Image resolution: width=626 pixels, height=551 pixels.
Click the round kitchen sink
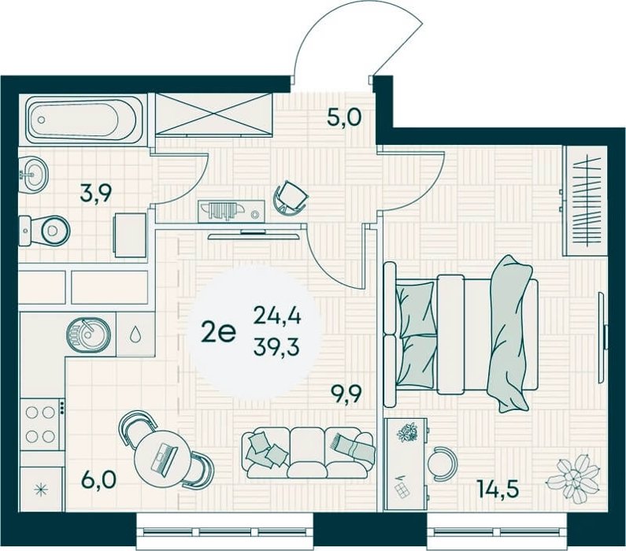88,335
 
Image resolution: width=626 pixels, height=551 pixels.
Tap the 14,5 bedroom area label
498,489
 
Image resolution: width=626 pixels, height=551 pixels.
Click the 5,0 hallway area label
344,117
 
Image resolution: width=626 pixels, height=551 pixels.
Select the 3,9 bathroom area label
96,194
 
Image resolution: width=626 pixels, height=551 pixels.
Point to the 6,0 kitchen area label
98,479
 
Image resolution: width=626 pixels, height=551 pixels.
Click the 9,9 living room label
346,394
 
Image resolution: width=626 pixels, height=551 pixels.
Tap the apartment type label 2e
218,333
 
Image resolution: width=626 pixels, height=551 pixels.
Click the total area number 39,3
276,348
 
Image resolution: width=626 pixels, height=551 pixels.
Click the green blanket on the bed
510,333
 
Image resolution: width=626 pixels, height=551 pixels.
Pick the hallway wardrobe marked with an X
214,113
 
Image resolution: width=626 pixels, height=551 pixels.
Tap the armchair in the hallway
291,197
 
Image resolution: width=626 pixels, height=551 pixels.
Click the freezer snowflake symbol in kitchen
41,489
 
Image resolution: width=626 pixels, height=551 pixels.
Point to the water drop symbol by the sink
135,335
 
